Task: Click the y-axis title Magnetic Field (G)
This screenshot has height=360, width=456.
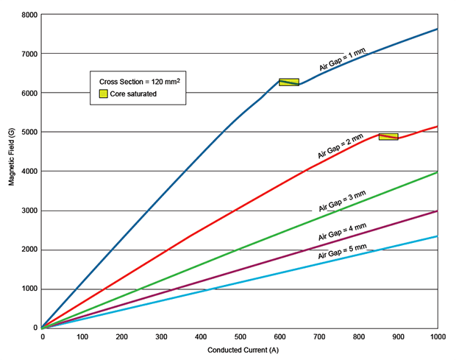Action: click(13, 171)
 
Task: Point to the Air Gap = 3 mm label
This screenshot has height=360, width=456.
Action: click(342, 202)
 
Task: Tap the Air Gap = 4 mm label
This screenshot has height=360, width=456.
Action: click(342, 232)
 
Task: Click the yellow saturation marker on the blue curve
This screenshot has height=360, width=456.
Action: click(288, 82)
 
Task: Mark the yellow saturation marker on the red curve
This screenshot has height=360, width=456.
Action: click(388, 137)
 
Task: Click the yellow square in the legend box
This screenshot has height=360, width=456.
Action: click(104, 93)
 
